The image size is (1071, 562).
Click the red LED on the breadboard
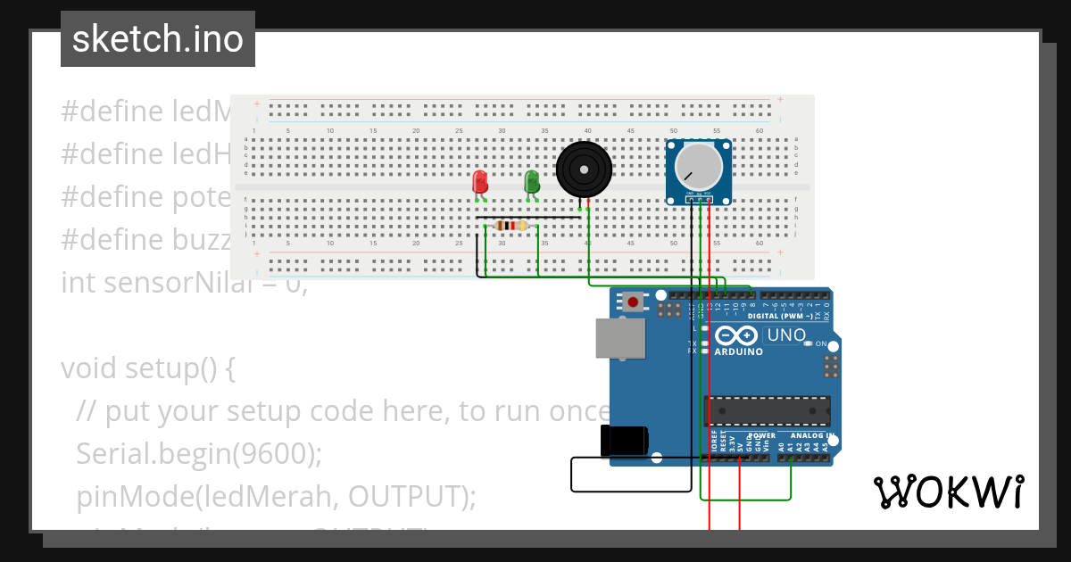480,181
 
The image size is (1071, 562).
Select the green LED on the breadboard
532,181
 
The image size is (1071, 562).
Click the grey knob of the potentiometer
698,167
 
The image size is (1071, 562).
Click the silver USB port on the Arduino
620,339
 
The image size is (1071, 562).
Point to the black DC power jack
624,441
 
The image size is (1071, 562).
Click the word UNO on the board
785,335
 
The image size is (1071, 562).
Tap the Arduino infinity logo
736,336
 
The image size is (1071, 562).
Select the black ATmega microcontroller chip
768,410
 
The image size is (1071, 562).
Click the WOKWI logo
948,492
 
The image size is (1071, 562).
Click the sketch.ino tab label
158,39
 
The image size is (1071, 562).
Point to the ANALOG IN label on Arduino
813,436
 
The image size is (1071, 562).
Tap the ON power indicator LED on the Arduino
808,343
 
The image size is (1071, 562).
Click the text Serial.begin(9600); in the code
199,453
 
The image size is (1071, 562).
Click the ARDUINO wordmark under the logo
738,351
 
